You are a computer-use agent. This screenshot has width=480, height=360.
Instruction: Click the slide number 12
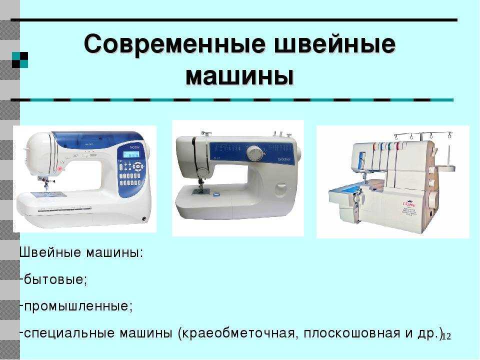click(446, 336)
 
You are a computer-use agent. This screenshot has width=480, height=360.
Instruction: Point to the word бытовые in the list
click(53, 279)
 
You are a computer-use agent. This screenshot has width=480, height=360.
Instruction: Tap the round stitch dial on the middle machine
click(254, 153)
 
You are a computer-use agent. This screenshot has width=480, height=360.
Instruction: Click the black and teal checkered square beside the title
click(20, 60)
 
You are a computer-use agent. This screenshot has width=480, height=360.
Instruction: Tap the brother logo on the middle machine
click(284, 159)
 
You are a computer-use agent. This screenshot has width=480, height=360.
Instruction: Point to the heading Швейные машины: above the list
click(81, 252)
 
